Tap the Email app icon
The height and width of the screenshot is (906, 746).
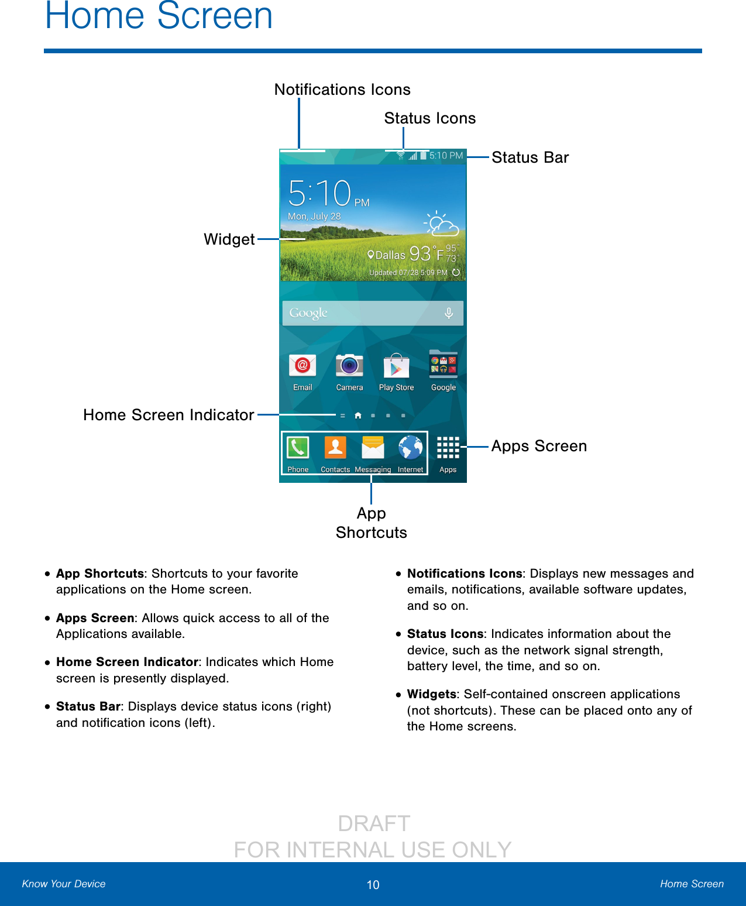tap(302, 366)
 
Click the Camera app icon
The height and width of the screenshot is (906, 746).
tap(349, 366)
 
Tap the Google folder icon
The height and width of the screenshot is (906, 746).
tap(444, 364)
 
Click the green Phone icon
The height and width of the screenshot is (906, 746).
tap(298, 448)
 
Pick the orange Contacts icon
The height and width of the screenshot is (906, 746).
tap(335, 448)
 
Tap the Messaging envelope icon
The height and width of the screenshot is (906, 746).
tap(373, 448)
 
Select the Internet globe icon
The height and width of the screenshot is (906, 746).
tap(411, 448)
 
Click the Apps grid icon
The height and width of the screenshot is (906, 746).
tap(448, 448)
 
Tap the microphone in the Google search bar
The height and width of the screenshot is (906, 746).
tap(449, 313)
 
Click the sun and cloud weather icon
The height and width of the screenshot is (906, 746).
tap(441, 224)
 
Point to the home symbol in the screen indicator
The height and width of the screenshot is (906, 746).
tap(357, 416)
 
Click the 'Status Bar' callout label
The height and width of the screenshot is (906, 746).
tap(530, 157)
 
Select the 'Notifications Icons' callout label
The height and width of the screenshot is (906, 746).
tap(342, 90)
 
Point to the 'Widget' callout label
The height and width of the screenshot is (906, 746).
tap(229, 239)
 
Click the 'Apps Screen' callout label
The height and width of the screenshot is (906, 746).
tap(539, 446)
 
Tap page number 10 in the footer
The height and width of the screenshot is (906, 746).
tap(373, 885)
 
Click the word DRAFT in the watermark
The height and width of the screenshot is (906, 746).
tap(374, 823)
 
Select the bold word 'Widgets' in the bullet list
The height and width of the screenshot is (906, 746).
tap(431, 694)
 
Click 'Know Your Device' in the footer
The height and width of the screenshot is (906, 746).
tap(64, 884)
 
